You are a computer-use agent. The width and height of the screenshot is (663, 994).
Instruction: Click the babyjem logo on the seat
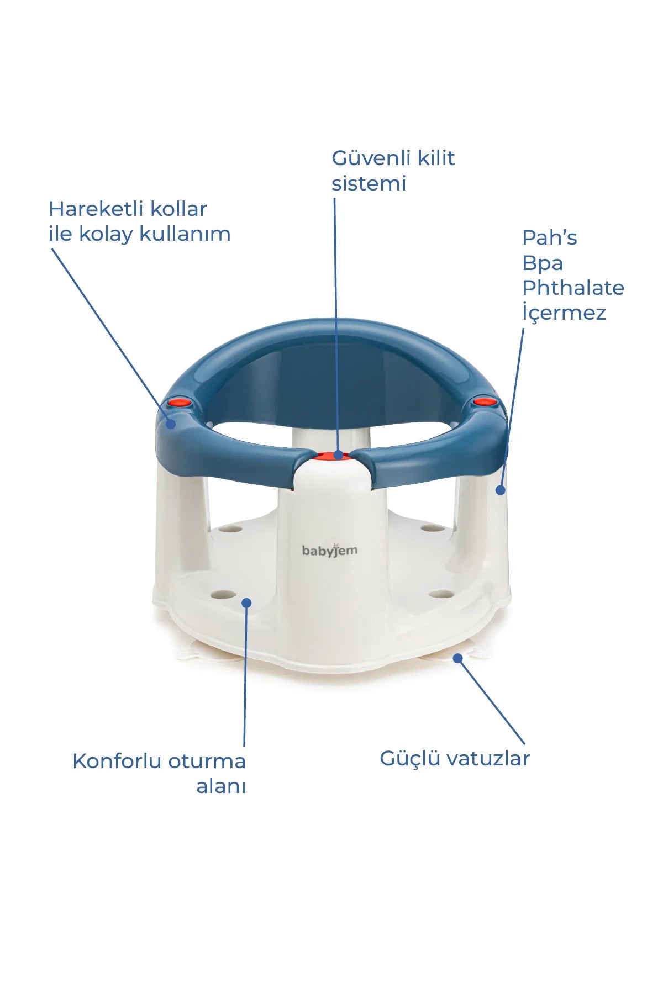[x=330, y=550]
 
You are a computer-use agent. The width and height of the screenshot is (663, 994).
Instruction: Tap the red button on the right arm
[x=484, y=401]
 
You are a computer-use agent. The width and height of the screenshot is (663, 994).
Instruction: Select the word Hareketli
[x=96, y=209]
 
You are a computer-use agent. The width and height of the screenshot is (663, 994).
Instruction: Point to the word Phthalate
[x=573, y=288]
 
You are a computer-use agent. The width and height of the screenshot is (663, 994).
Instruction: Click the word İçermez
[x=564, y=313]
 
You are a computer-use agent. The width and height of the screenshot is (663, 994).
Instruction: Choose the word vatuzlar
[x=488, y=758]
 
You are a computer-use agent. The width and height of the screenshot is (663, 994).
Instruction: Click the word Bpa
[x=543, y=263]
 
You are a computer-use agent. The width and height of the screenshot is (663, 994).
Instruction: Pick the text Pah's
[x=550, y=238]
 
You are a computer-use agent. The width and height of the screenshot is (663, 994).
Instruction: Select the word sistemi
[x=369, y=183]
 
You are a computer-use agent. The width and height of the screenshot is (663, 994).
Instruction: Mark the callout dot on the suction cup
[x=457, y=658]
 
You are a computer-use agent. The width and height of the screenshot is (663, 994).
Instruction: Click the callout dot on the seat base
[x=247, y=602]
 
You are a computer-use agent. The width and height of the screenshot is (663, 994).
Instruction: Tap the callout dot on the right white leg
[x=500, y=490]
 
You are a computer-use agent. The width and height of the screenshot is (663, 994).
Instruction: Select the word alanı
[x=221, y=786]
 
